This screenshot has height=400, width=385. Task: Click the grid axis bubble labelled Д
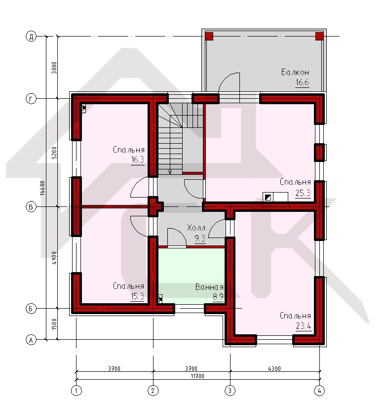click(31, 37)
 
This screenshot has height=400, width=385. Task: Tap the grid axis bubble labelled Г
click(31, 99)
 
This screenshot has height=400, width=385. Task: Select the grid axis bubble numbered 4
click(319, 390)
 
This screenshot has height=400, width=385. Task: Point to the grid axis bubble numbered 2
click(153, 390)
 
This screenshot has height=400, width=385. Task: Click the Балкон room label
click(295, 72)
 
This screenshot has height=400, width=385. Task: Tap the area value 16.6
click(302, 82)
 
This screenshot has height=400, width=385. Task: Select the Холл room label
click(196, 228)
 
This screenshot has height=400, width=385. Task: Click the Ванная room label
click(209, 287)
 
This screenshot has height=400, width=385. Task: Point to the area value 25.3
click(303, 193)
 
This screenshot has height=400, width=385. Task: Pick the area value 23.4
click(304, 326)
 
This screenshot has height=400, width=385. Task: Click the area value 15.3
click(137, 296)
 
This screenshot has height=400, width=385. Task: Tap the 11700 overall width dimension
click(197, 376)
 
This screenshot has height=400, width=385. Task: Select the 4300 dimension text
click(274, 368)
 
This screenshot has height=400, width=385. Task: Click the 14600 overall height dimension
click(42, 188)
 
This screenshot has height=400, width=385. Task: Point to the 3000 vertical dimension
click(54, 68)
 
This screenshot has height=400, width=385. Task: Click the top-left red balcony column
click(209, 36)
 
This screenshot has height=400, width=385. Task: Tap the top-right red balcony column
click(319, 36)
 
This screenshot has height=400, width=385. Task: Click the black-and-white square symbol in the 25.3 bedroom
click(268, 197)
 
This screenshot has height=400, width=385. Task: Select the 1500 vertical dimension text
click(54, 324)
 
